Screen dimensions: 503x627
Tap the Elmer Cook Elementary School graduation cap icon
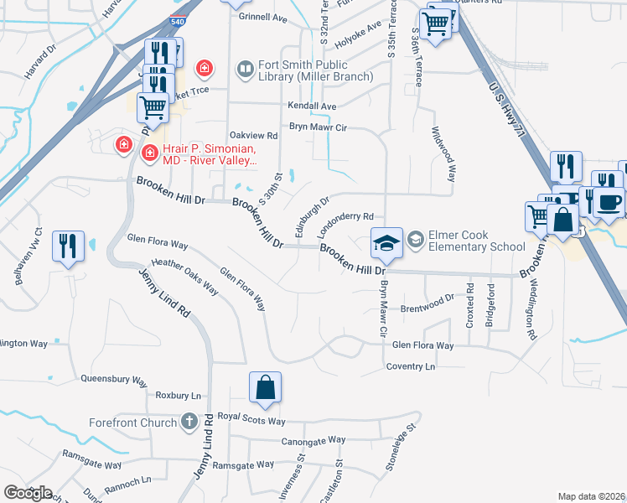pos(386,243)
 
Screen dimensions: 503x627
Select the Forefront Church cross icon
pos(190,423)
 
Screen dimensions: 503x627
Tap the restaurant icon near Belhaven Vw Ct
pos(68,246)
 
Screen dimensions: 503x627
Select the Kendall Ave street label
pos(311,106)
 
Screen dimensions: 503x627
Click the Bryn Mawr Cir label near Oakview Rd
pos(318,127)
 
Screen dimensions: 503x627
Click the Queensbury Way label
pos(114,378)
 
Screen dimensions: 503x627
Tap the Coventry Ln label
pos(411,366)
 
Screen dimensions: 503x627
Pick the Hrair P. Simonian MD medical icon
pos(150,153)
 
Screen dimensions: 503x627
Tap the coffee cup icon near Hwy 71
pos(609,202)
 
